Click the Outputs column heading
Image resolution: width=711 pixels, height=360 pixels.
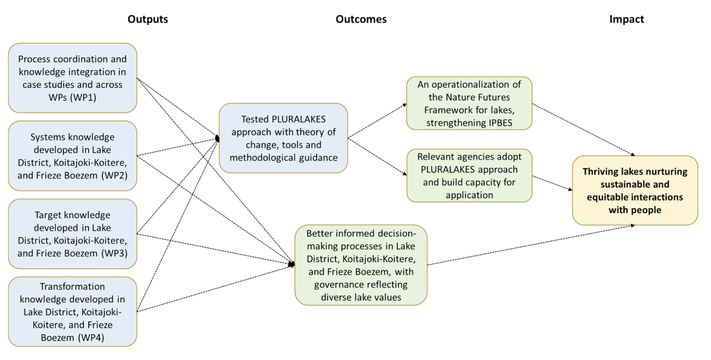point(148,19)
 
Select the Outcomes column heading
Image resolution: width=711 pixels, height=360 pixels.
point(361,19)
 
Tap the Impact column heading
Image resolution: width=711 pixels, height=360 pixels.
point(626,19)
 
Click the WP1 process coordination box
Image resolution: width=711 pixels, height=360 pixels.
point(73,78)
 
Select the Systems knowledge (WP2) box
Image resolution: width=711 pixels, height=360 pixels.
point(73,156)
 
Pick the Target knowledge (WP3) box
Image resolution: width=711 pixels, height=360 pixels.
point(73,234)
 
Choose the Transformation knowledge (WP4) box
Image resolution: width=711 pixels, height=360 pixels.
point(73,312)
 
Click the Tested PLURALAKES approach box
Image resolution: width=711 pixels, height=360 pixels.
point(283,138)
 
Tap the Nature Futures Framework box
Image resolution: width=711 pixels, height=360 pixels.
point(469,103)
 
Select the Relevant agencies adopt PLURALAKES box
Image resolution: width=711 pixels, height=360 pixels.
point(469,175)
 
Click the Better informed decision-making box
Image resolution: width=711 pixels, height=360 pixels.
point(361,265)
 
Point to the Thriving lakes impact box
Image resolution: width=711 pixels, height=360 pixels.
point(635,190)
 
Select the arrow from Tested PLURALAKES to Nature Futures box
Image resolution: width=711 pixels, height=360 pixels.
point(377,121)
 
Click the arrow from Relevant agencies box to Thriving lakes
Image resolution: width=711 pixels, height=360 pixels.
point(552,183)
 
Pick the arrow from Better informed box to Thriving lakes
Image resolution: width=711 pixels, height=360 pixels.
point(531,245)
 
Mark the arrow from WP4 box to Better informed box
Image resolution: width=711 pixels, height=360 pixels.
point(215,288)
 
